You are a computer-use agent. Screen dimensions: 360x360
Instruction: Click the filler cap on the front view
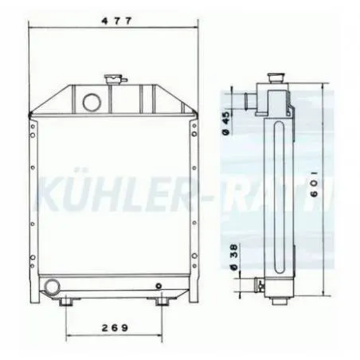click(x=112, y=79)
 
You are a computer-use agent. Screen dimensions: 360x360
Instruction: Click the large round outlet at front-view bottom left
click(x=53, y=286)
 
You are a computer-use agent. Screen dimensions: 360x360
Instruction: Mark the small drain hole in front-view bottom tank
click(x=159, y=286)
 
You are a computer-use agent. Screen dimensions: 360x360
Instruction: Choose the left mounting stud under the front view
click(x=65, y=303)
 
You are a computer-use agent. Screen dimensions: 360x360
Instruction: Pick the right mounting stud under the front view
click(x=163, y=303)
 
